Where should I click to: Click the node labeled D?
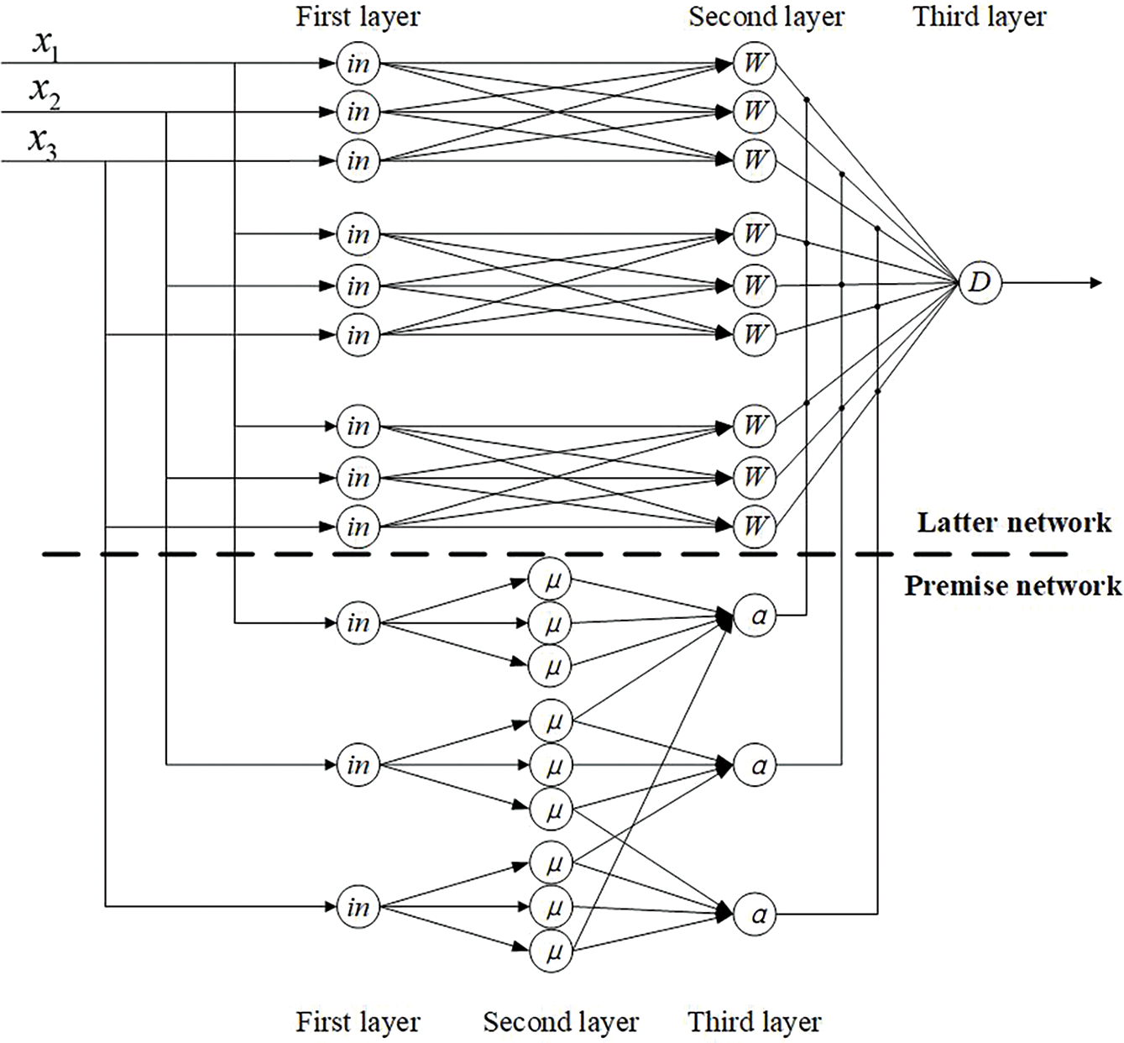coord(980,282)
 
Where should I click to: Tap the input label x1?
coord(45,45)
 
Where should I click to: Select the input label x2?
coord(44,93)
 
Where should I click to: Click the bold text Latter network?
coord(1014,522)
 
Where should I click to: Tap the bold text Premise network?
coord(1013,585)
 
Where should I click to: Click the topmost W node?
coord(754,63)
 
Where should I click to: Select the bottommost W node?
coord(754,526)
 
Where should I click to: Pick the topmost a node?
coord(755,616)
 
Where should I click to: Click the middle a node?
coord(755,765)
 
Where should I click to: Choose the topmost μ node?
coord(550,580)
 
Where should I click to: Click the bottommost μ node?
coord(552,951)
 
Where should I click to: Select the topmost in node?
coord(358,64)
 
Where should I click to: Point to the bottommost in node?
coord(358,907)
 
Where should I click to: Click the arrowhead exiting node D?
coord(1095,282)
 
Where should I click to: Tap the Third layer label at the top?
coord(980,17)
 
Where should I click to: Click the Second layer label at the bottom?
coord(561,1022)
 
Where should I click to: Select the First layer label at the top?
coord(358,17)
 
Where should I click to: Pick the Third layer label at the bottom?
coord(755,1022)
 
